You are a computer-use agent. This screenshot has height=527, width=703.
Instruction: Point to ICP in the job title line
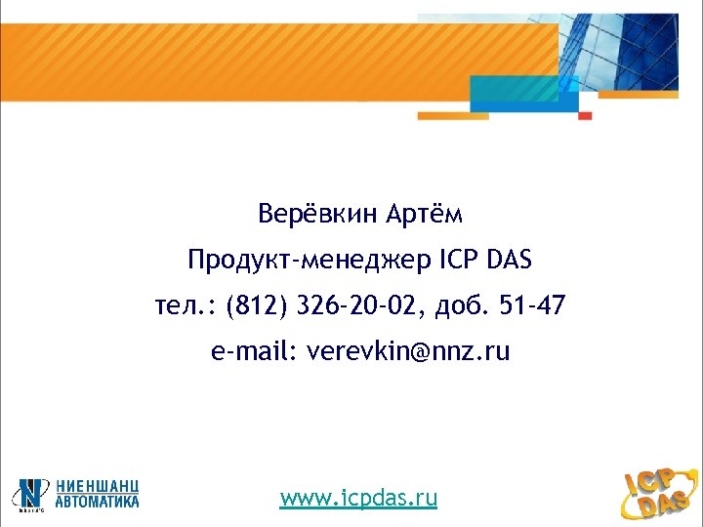458,260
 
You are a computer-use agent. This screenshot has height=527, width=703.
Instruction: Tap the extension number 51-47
531,307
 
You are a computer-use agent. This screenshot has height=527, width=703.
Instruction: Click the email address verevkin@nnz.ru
408,351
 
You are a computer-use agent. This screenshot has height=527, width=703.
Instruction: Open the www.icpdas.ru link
358,499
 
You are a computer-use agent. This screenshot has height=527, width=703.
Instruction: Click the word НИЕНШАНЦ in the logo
97,485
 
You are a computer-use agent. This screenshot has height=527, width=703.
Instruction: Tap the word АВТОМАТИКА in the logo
97,501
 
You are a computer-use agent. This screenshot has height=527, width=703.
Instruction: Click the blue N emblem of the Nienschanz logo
32,494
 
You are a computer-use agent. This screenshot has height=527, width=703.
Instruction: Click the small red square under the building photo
585,115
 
